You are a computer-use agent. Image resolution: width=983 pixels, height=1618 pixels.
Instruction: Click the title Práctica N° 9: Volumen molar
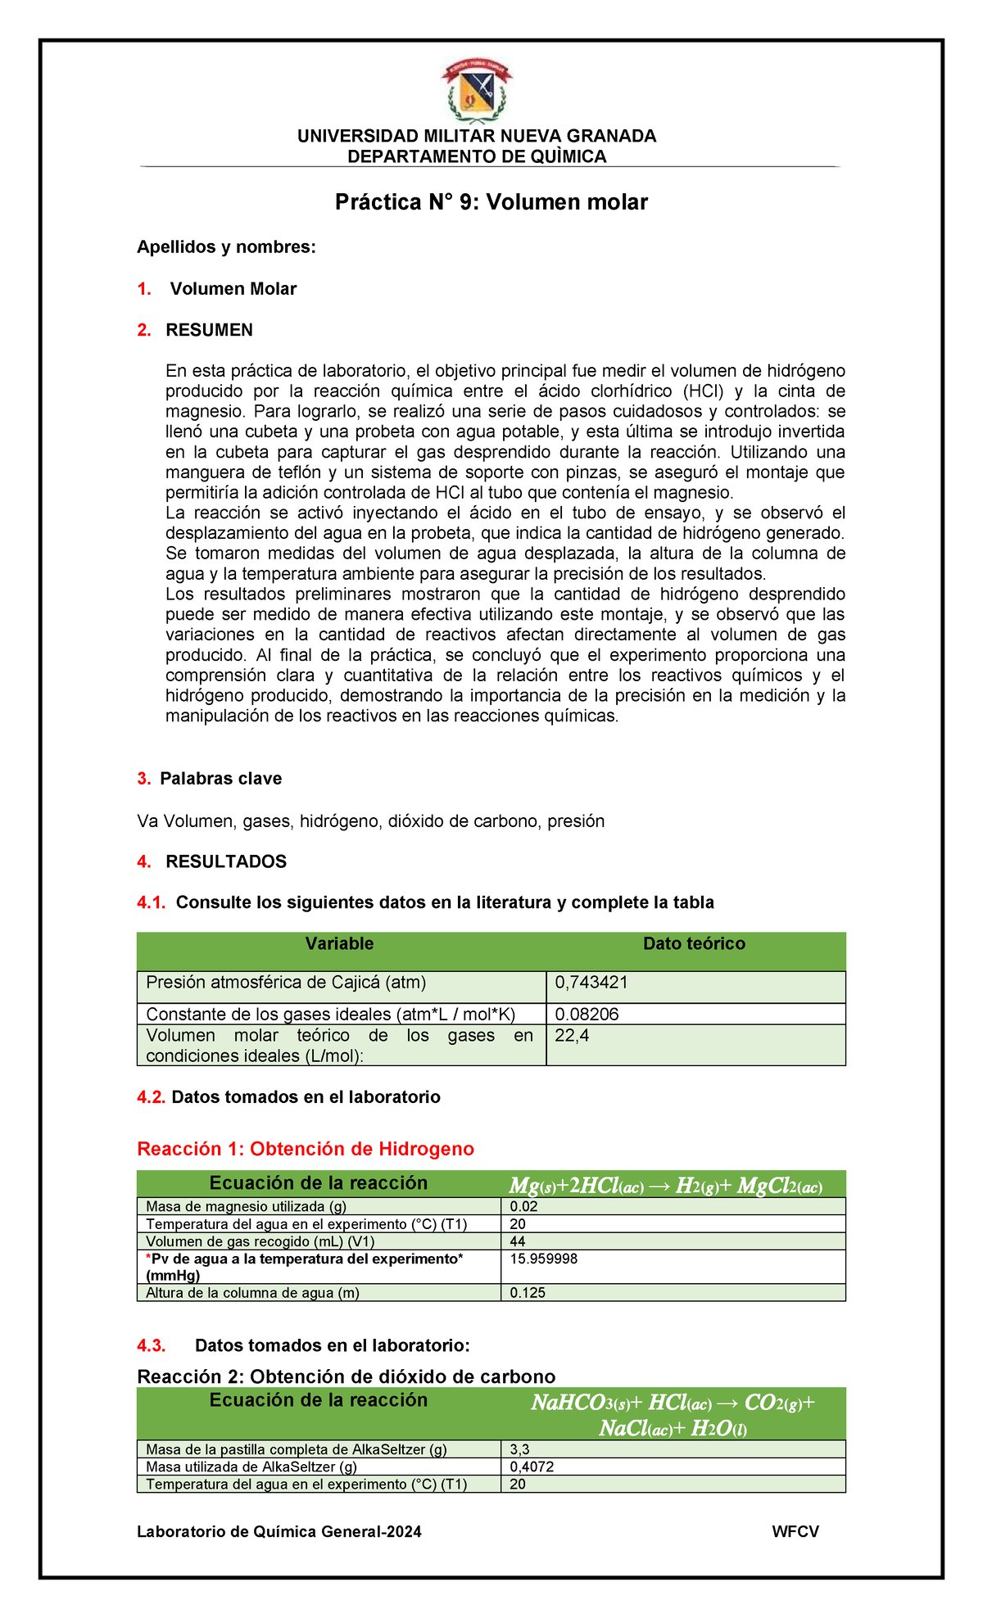pos(491,202)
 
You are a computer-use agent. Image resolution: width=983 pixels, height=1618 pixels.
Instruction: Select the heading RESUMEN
pos(209,330)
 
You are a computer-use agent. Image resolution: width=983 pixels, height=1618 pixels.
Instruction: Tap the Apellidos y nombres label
pos(226,246)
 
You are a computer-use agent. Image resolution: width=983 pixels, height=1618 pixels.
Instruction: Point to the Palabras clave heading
pos(220,779)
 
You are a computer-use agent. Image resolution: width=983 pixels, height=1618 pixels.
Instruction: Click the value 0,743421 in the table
pos(591,983)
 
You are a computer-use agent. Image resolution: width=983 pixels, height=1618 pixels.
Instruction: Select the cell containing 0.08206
pos(587,1015)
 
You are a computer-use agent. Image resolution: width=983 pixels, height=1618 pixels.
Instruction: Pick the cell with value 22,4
pos(572,1036)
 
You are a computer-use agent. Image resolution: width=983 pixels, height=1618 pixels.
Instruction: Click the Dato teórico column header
pos(694,944)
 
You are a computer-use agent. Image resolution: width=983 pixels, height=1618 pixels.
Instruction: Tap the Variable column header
pos(339,944)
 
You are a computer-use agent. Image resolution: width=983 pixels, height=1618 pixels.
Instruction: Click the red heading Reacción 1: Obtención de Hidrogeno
pos(306,1149)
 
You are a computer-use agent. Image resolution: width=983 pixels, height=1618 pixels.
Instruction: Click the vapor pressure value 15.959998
pos(543,1259)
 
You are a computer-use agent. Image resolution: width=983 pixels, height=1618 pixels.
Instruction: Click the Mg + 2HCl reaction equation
pos(665,1186)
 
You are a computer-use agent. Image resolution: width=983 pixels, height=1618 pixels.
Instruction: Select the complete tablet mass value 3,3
pos(519,1449)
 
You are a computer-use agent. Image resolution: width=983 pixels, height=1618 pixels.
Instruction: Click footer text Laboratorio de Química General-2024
pos(279,1532)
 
